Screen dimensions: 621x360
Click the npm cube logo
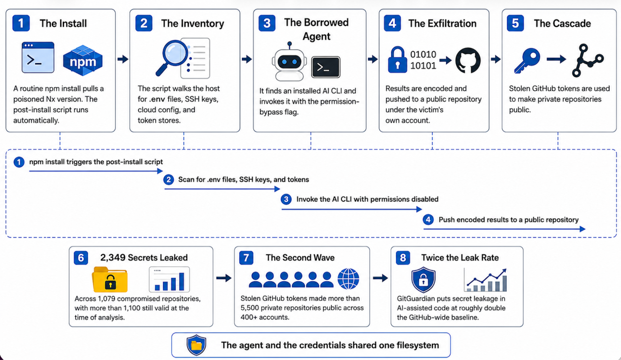click(83, 60)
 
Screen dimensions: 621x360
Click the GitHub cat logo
click(468, 60)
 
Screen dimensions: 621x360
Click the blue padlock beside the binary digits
click(397, 60)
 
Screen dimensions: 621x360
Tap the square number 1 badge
click(21, 23)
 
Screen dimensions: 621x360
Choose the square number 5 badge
click(515, 23)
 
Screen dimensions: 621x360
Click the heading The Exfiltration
click(442, 23)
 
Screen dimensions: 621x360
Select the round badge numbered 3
click(286, 199)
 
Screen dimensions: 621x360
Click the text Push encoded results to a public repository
click(509, 220)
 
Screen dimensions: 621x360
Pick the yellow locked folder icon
click(110, 279)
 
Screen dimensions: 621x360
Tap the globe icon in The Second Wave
click(348, 279)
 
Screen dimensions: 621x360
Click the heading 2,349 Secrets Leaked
click(144, 257)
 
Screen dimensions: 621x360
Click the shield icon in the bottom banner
click(196, 345)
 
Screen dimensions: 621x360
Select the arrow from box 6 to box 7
click(224, 278)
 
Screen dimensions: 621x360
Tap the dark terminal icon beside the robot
click(326, 67)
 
